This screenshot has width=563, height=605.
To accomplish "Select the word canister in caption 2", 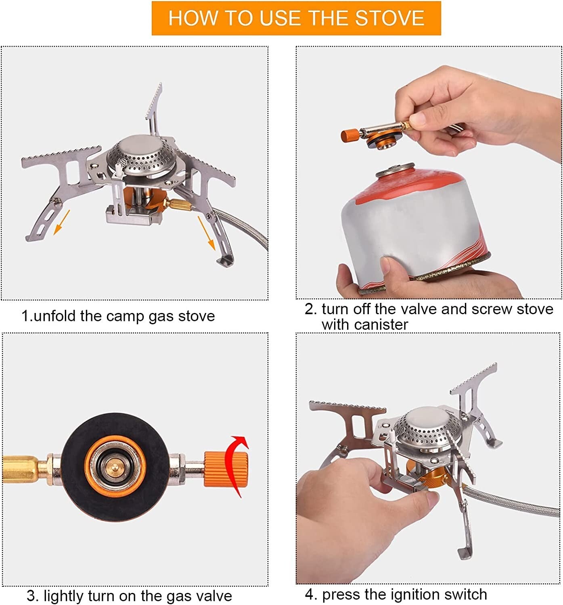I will point(365,325).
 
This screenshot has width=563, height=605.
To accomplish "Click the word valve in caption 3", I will point(213,596).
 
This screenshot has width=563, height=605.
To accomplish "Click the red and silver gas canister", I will point(416,226).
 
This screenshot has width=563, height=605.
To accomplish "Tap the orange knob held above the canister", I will point(350,134).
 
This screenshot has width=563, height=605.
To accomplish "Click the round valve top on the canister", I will point(395,170).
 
